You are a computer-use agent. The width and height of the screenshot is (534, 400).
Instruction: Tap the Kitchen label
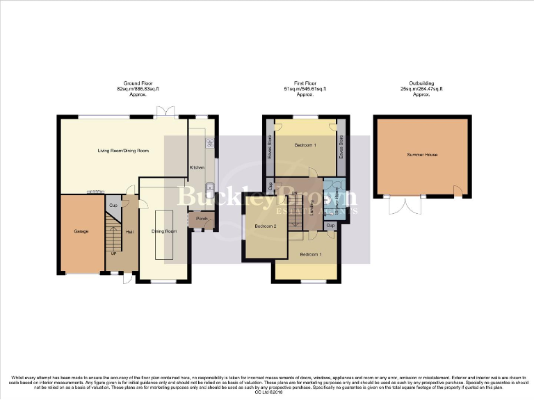(196, 167)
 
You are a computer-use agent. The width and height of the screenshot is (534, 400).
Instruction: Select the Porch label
(202, 219)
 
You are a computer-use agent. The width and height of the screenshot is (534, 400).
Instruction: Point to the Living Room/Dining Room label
(124, 150)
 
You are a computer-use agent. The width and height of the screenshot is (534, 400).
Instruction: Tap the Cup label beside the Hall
(113, 206)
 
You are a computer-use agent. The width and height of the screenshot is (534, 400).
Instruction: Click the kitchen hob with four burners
(208, 143)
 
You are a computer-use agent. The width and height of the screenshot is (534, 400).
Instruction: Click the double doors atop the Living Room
(165, 112)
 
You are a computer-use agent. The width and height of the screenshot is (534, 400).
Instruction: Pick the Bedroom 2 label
(266, 226)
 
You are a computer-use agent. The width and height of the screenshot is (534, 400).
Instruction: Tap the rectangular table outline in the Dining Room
(163, 235)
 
